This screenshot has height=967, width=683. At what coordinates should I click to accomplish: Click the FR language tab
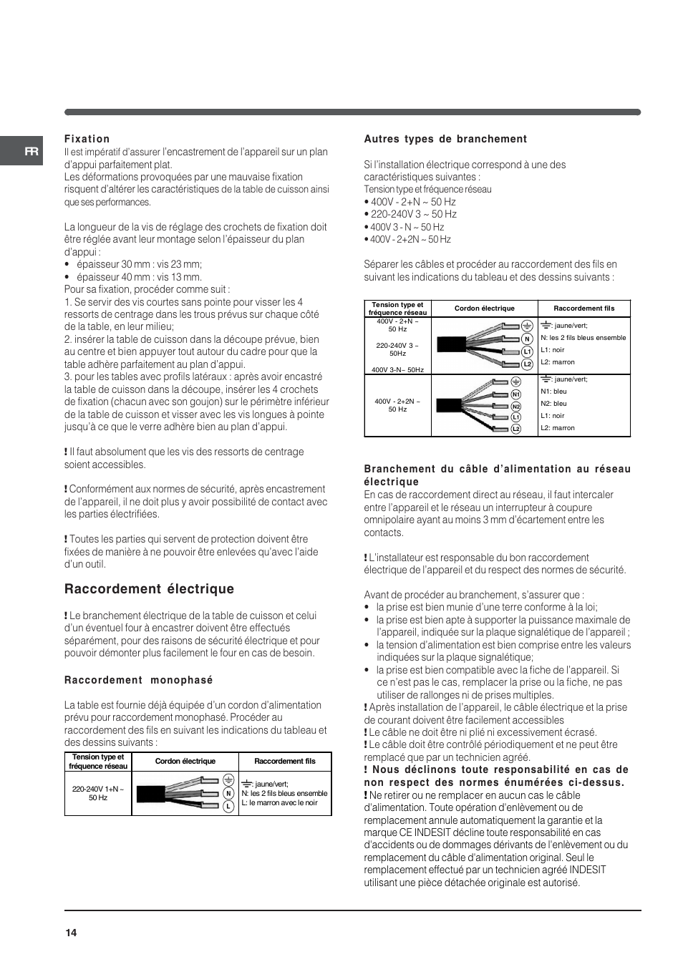[x=30, y=151]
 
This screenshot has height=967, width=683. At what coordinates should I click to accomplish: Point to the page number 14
[x=71, y=933]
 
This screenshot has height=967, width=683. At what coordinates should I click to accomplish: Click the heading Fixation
[x=87, y=139]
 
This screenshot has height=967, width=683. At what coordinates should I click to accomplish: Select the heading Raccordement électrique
[x=149, y=589]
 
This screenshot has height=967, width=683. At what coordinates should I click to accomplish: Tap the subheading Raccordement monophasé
[x=138, y=680]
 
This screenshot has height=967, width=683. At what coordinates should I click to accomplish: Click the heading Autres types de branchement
[x=445, y=139]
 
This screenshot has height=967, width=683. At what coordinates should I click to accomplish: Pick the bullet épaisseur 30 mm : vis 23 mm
[x=139, y=264]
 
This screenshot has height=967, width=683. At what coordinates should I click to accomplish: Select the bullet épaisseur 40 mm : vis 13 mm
[x=139, y=277]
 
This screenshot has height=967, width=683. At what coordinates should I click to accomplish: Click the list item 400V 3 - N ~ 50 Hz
[x=407, y=227]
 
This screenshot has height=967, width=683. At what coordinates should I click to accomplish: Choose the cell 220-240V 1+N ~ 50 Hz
[x=98, y=793]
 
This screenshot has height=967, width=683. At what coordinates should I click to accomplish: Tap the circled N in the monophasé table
[x=228, y=793]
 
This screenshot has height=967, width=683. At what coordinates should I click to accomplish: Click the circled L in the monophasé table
[x=228, y=806]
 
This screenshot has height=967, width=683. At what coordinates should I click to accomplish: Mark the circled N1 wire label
[x=515, y=394]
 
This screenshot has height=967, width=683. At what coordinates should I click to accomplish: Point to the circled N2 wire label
[x=515, y=406]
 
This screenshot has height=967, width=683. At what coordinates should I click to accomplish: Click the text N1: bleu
[x=553, y=392]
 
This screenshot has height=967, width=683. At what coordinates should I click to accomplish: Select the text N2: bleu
[x=553, y=404]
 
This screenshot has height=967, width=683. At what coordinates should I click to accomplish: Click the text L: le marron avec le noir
[x=279, y=802]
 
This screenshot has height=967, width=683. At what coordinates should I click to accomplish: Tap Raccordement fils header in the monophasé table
[x=284, y=761]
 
